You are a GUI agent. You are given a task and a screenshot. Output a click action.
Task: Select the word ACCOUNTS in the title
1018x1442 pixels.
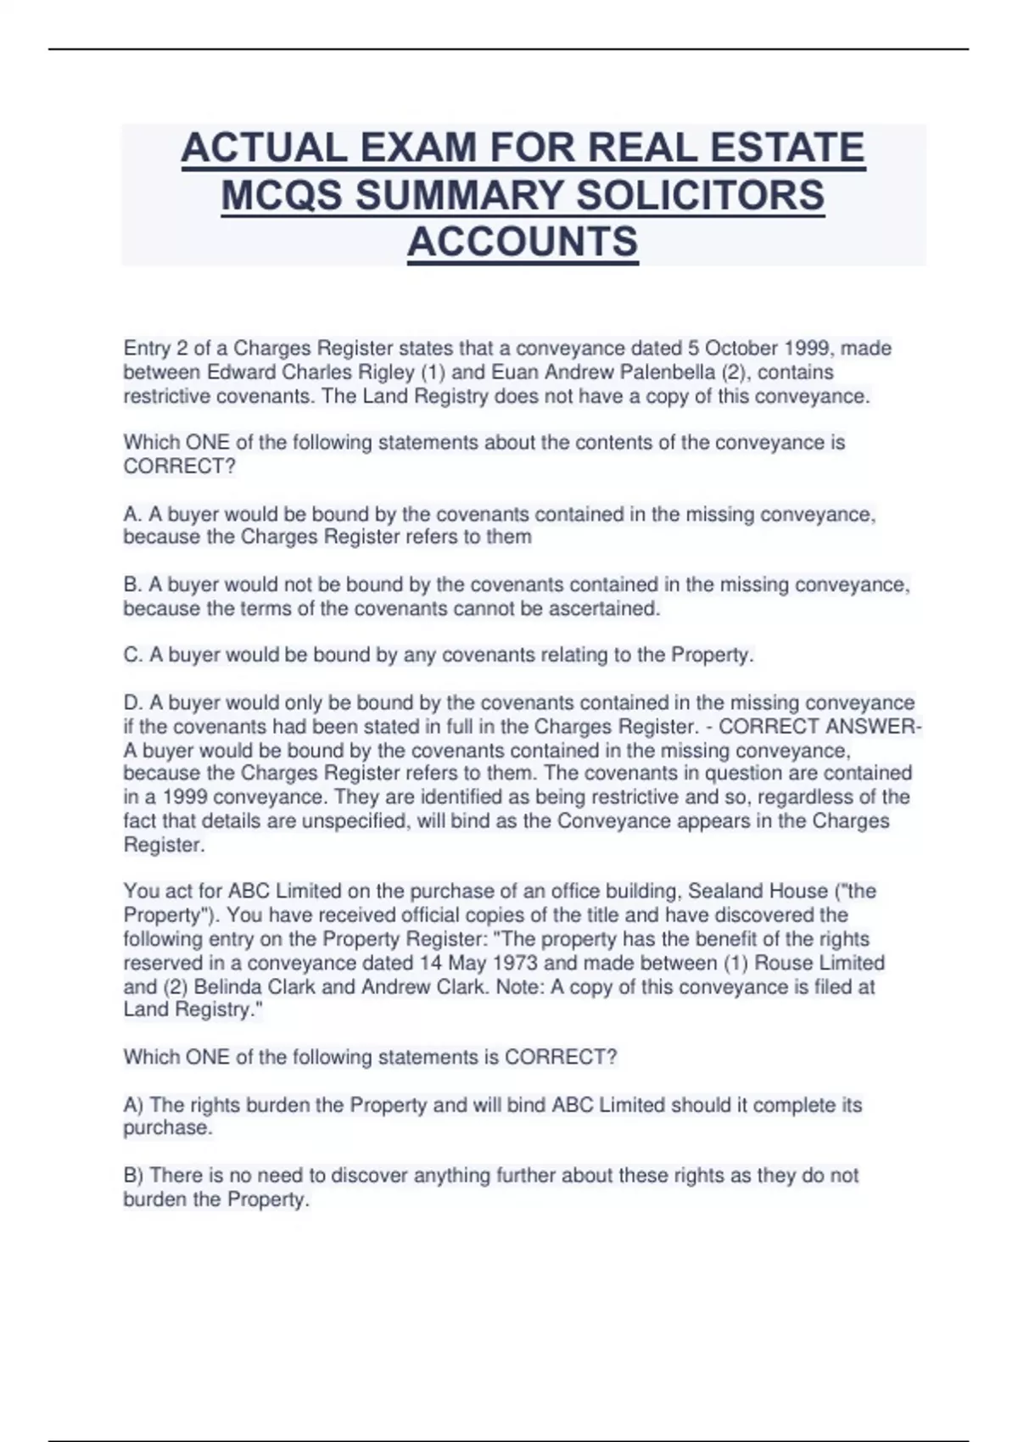click(x=523, y=242)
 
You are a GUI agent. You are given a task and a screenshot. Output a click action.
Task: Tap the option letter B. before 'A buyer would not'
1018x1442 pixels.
click(x=132, y=585)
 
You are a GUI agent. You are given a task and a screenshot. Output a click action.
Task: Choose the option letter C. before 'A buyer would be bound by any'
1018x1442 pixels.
click(x=132, y=656)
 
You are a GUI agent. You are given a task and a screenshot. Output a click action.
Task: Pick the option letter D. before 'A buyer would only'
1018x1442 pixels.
click(x=132, y=703)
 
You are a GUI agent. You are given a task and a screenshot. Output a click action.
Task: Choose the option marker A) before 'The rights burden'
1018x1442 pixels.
click(x=132, y=1105)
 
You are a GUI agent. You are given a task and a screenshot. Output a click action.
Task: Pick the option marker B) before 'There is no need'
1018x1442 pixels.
click(x=132, y=1176)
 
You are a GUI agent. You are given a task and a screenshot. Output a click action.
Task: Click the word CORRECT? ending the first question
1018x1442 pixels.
click(x=179, y=467)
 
